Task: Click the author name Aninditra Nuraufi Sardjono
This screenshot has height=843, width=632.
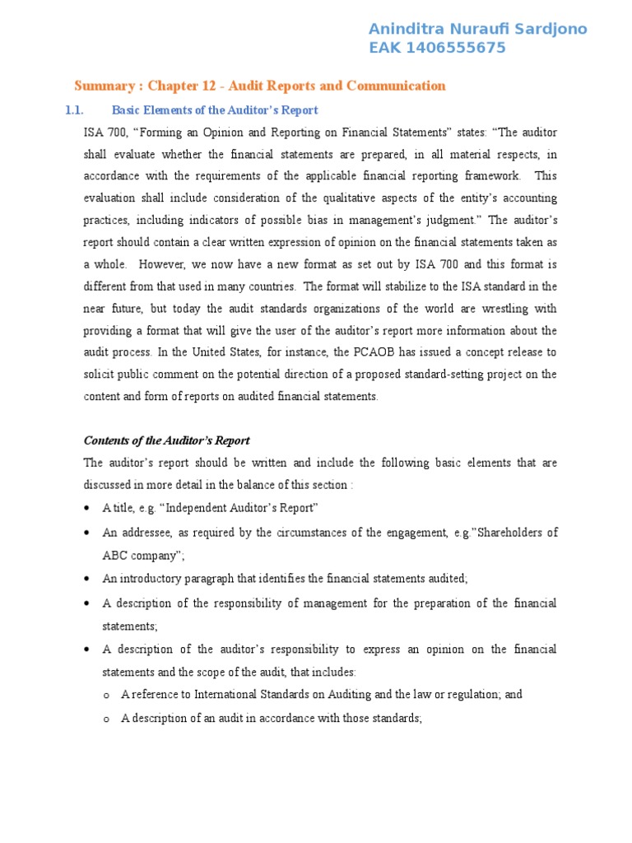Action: tap(478, 30)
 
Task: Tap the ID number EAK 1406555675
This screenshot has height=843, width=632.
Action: tap(437, 49)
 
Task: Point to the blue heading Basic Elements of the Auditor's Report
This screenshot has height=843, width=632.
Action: tap(215, 110)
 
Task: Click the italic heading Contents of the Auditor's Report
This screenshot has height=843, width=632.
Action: tap(166, 440)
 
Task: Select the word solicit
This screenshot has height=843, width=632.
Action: tap(102, 375)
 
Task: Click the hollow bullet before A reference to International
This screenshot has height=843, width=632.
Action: tap(107, 695)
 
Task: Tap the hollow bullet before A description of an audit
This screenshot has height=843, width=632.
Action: tap(107, 719)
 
